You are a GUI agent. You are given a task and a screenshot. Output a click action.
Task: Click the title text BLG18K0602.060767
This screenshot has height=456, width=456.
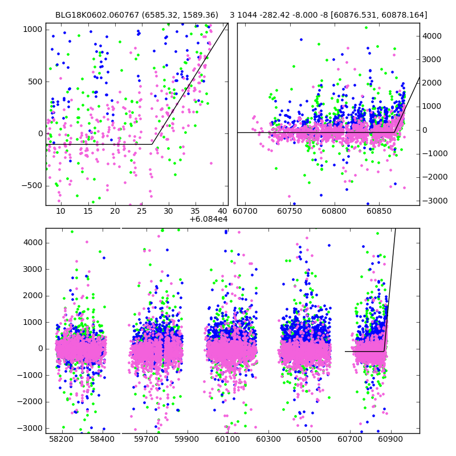click(95, 15)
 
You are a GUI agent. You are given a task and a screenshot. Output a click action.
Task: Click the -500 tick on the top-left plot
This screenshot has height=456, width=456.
click(31, 186)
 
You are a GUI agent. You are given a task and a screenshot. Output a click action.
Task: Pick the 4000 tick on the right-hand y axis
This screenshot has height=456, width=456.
click(432, 36)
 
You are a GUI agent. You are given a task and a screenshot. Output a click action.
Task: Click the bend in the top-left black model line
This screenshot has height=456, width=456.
click(152, 144)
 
